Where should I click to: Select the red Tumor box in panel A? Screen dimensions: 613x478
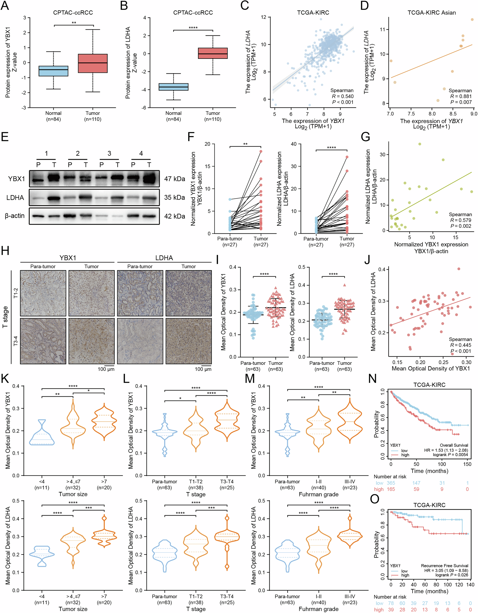93,63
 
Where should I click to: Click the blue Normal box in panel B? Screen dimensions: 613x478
173,87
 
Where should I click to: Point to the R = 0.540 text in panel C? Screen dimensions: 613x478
343,96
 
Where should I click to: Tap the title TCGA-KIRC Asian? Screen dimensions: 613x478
431,13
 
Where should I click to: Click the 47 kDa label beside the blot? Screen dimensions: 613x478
174,179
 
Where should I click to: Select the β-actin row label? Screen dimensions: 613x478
15,216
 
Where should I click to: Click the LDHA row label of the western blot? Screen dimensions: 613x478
15,198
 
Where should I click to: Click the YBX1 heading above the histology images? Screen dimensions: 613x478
68,258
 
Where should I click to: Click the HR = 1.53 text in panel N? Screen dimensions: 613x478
446,450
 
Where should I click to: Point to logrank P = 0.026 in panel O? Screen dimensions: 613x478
452,575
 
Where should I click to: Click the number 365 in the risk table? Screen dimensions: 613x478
391,483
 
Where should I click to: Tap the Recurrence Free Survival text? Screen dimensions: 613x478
444,566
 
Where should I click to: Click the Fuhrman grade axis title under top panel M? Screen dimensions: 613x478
319,494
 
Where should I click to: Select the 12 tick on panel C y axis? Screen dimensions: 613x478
263,17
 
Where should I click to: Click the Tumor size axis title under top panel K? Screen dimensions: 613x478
73,494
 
